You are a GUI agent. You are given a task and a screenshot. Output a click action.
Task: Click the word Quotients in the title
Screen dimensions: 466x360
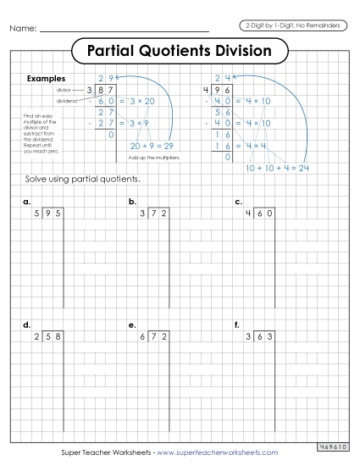(x=185, y=51)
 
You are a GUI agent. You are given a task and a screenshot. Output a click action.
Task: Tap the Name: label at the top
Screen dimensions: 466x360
(x=24, y=30)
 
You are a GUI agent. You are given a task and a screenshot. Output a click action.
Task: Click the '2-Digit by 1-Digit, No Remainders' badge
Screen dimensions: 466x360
(x=291, y=25)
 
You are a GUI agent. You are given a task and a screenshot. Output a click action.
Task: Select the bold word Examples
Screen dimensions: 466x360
(x=47, y=79)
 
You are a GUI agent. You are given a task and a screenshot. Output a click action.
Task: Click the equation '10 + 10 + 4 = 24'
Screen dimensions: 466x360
(x=276, y=168)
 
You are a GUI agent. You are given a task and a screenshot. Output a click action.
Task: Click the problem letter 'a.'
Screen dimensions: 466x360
(x=27, y=202)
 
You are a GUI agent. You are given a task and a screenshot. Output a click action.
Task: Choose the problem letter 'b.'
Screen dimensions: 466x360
(x=132, y=202)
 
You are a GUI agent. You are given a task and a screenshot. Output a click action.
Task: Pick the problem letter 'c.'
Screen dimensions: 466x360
(x=239, y=202)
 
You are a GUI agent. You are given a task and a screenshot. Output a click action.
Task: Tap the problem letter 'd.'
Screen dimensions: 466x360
(x=27, y=325)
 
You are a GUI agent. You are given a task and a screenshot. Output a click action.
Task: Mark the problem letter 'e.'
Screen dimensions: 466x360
(x=132, y=325)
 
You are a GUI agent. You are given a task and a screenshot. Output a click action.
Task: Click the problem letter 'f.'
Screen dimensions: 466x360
(x=239, y=325)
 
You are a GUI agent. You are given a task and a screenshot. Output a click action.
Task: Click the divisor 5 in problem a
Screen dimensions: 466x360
(x=36, y=214)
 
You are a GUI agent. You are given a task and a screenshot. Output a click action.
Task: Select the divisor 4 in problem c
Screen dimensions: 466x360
(x=248, y=214)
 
